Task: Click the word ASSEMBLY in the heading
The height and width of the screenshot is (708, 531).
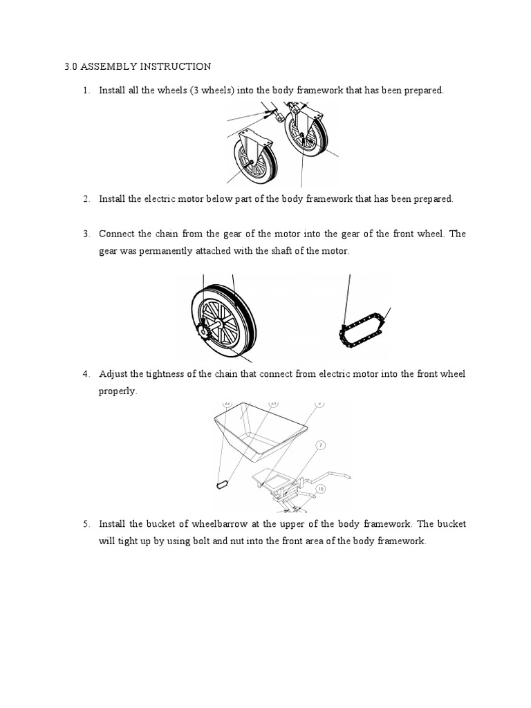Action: (x=104, y=67)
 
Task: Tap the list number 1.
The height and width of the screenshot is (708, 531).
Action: (x=86, y=91)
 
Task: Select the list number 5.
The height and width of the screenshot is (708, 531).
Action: (x=86, y=524)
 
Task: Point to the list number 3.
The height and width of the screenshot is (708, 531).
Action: (x=86, y=234)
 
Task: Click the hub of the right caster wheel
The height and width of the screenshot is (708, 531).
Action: (x=302, y=136)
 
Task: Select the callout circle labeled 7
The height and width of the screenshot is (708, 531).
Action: (x=321, y=446)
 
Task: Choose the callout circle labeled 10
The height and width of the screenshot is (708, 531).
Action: (x=320, y=488)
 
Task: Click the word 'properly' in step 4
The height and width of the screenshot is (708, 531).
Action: (x=118, y=391)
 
